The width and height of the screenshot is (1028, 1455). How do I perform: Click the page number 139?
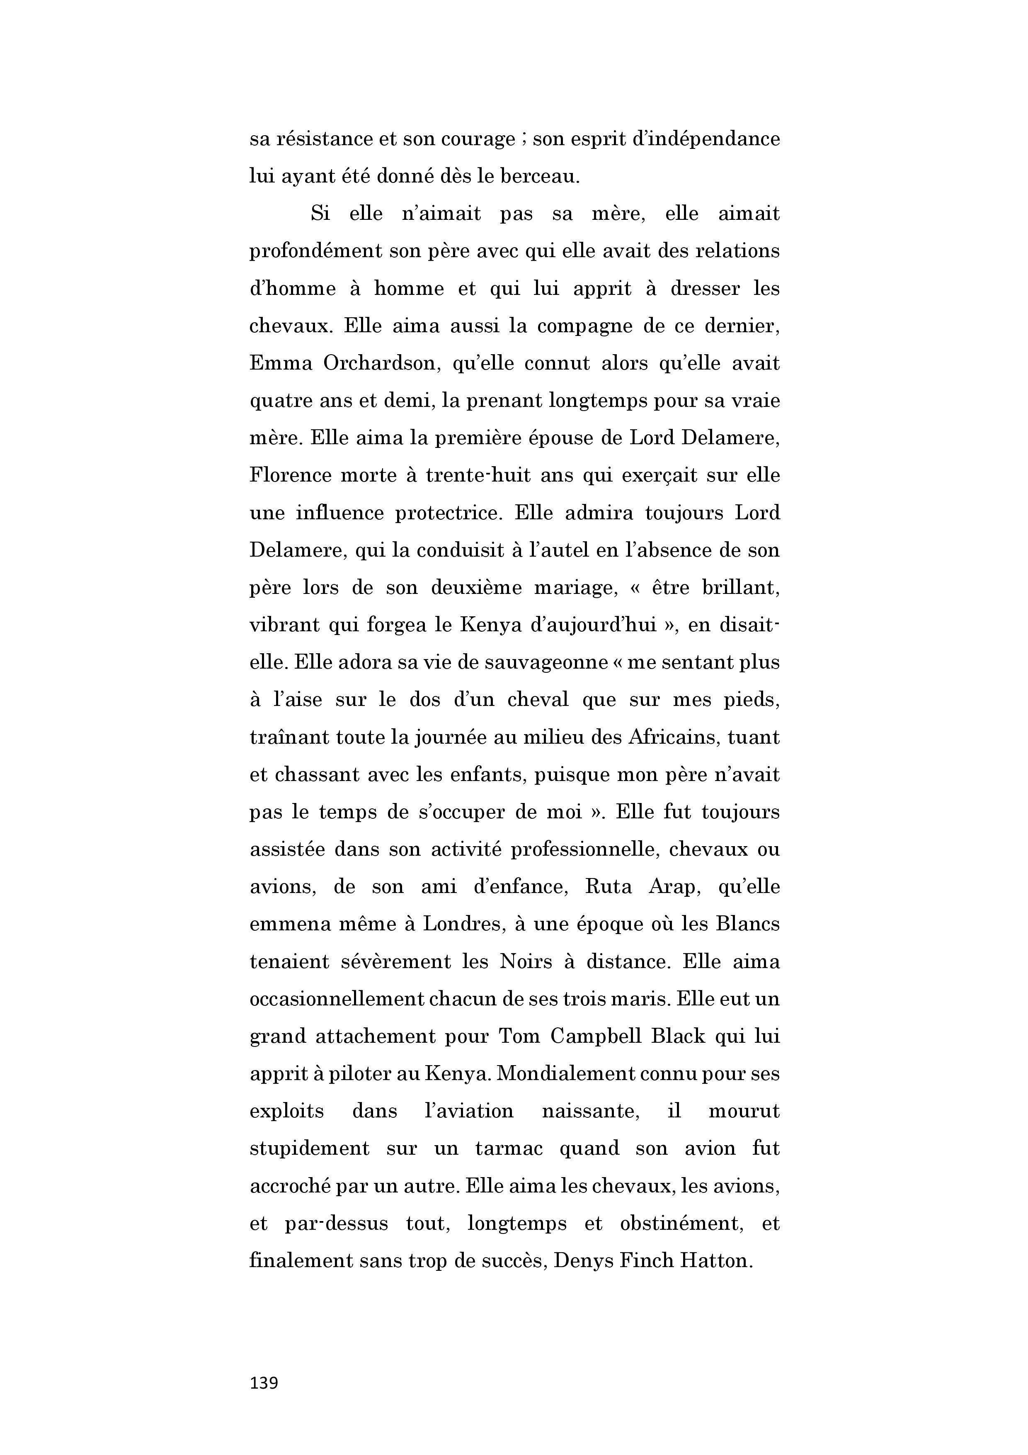264,1383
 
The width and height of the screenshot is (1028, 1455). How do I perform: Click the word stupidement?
309,1148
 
